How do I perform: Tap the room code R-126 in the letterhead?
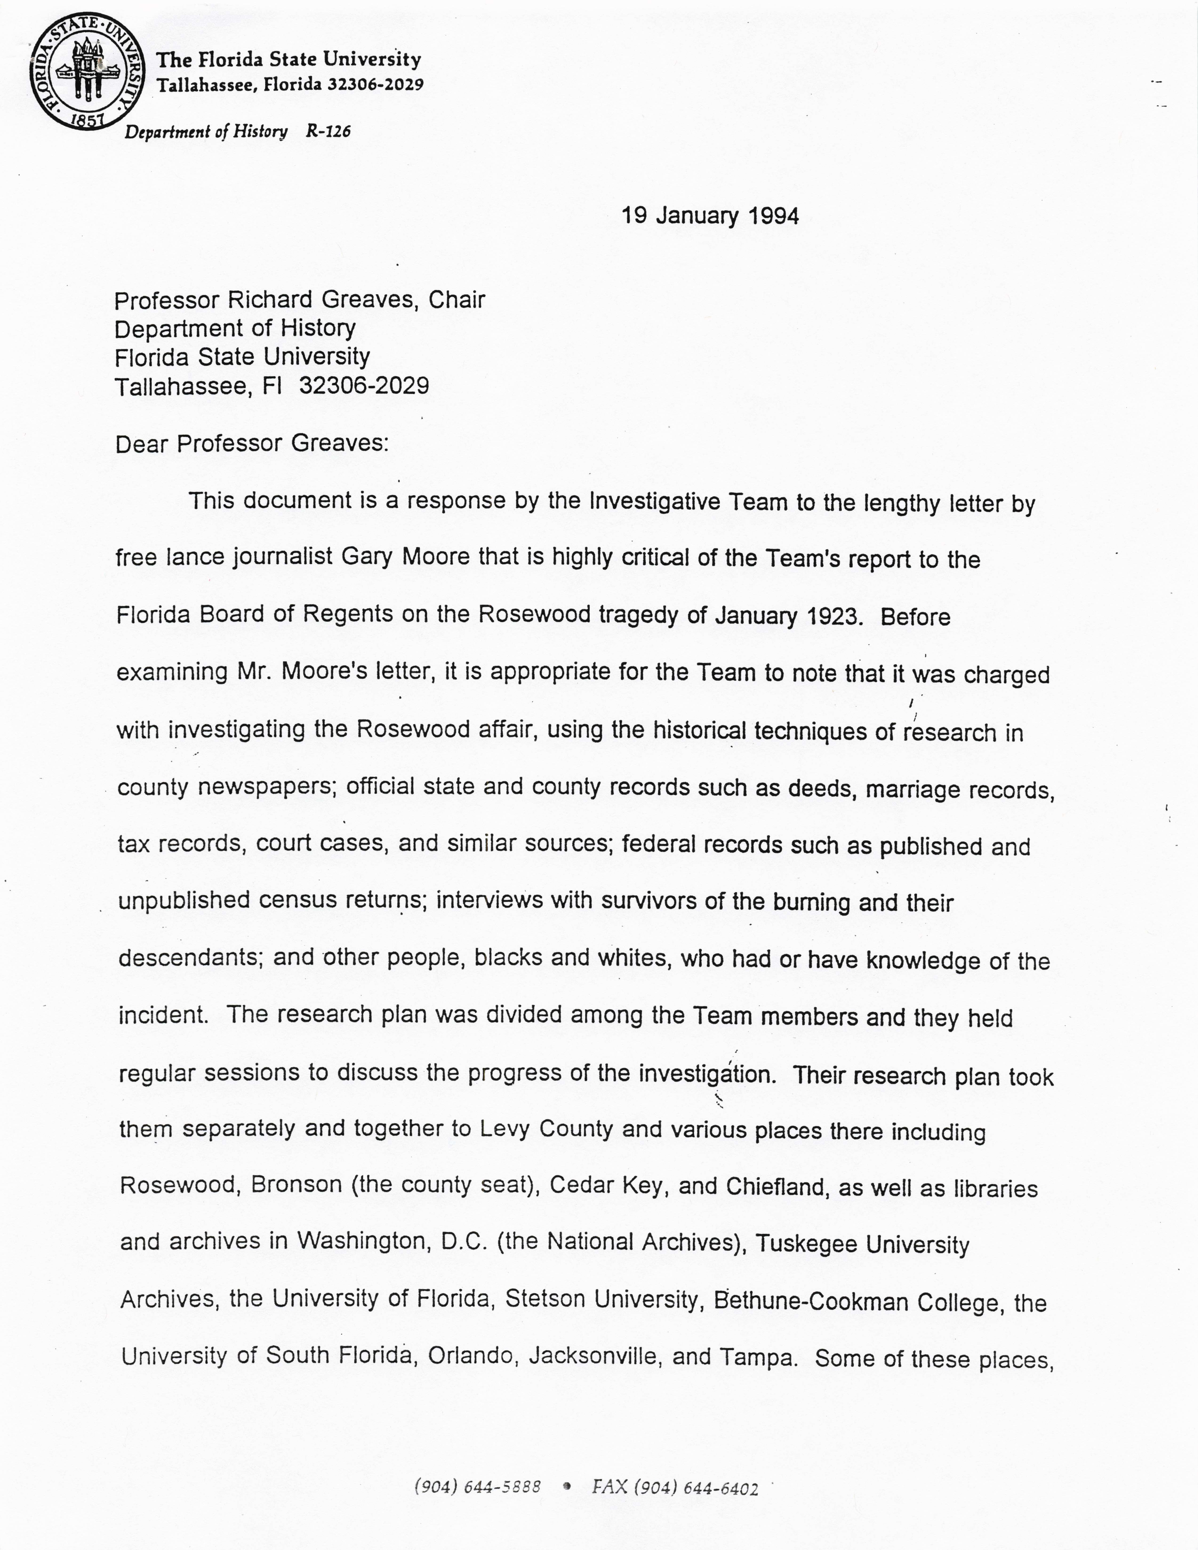tap(328, 131)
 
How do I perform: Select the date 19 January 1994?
tap(710, 216)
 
